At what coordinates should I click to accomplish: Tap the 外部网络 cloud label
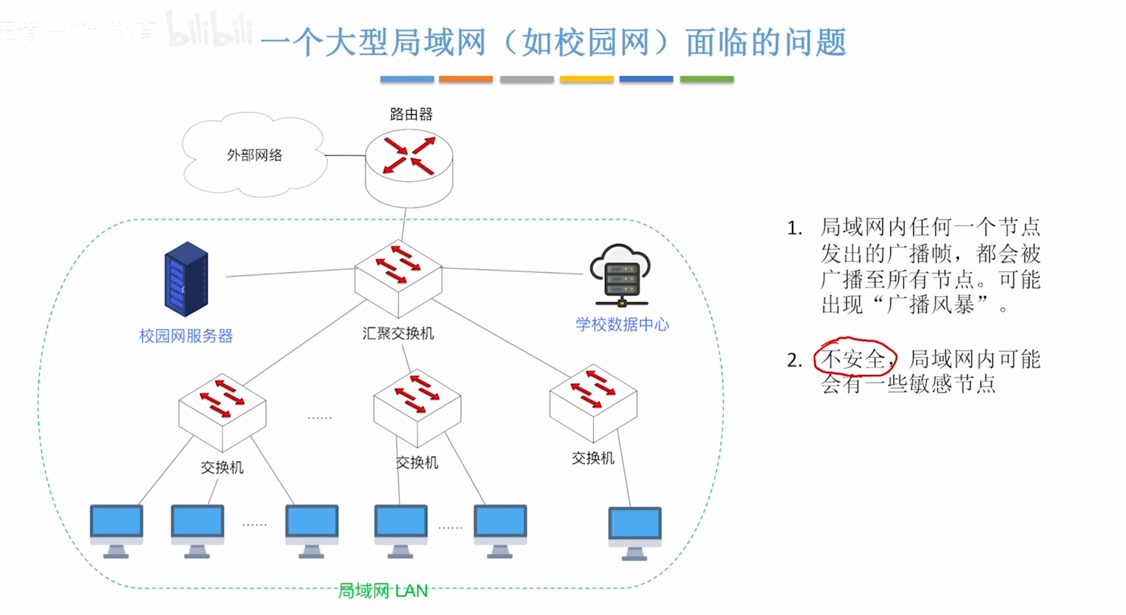(254, 155)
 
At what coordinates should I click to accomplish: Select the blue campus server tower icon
(186, 279)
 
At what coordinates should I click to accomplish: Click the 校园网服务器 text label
(186, 336)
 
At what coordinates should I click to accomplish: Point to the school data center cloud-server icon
(620, 276)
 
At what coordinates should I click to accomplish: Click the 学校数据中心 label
(622, 324)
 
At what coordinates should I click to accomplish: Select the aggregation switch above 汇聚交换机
(398, 278)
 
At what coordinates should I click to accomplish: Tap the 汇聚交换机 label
(398, 333)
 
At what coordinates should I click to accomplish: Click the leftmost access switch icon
(222, 412)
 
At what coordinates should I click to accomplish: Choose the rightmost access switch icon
(593, 402)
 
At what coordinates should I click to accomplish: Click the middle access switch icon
(417, 407)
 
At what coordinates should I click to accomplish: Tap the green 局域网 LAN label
(383, 591)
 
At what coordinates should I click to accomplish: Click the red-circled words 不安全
(853, 359)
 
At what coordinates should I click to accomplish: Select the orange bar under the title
(466, 79)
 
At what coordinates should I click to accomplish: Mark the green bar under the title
(706, 79)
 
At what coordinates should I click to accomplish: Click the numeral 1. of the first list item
(794, 228)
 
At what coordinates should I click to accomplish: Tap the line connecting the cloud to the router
(345, 155)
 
